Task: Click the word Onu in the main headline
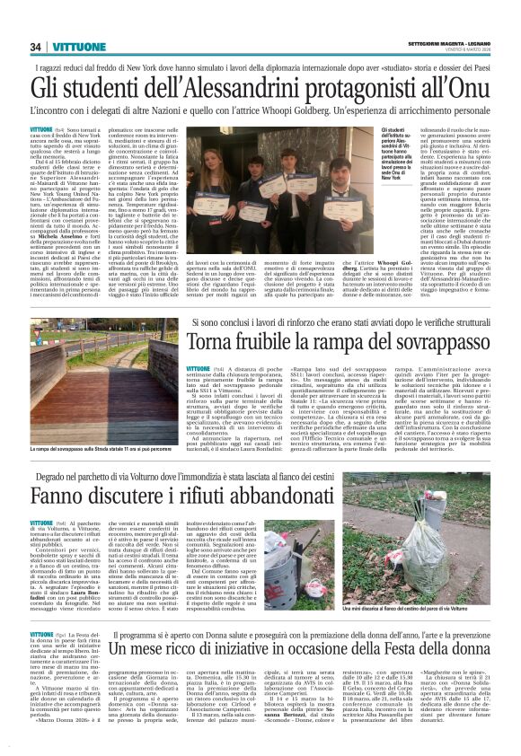click(x=464, y=89)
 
